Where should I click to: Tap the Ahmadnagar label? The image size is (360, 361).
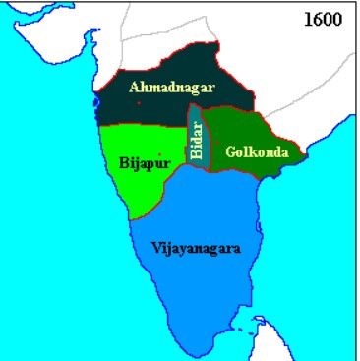pos(172,89)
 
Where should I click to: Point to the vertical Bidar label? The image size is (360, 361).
pos(197,141)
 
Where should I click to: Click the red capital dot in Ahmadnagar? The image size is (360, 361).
pos(139,102)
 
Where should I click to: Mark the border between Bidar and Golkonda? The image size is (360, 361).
pos(205,148)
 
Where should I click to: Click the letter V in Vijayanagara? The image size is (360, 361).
pos(156,247)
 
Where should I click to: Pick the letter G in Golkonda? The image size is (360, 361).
pos(229,152)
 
